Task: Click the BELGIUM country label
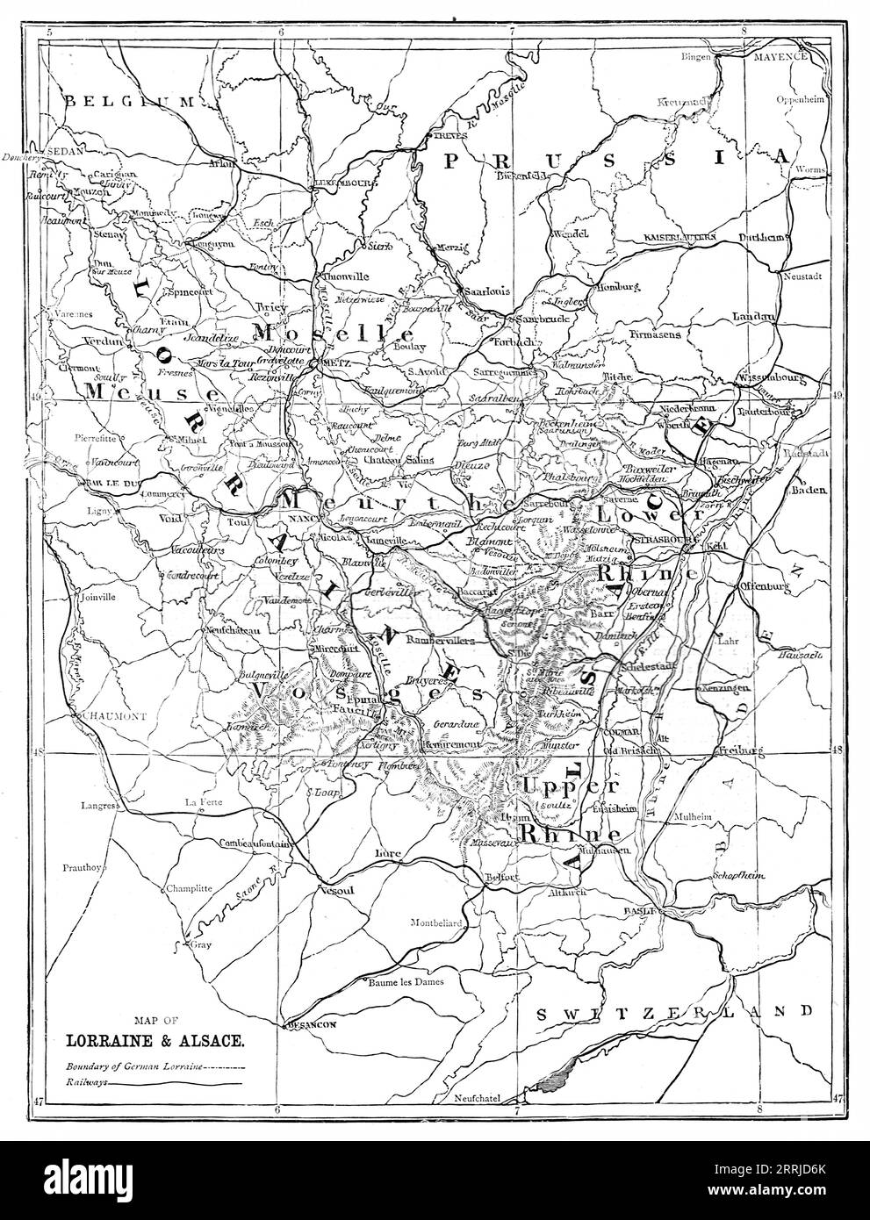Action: [132, 102]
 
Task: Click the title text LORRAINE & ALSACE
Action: [155, 1043]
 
